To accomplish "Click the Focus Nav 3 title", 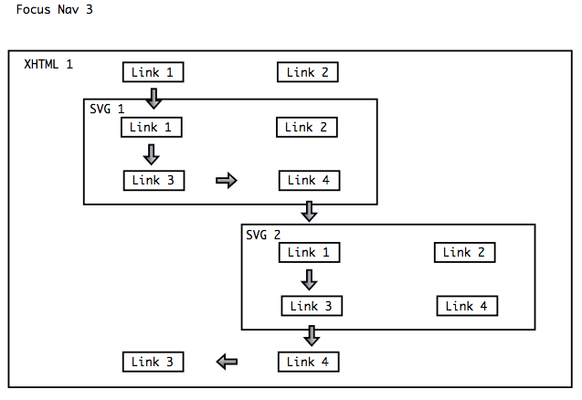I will coord(54,11).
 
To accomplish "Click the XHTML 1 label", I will coord(48,65).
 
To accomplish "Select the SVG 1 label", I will coord(107,109).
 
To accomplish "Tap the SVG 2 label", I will coord(264,235).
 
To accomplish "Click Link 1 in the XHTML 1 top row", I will coord(153,72).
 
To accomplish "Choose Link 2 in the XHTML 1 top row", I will coord(308,72).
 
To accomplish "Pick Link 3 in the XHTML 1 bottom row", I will coord(153,362).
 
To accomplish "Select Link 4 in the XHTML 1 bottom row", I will coord(308,362).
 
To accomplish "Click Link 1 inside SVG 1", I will coord(151,127).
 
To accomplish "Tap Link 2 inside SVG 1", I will coord(307,127).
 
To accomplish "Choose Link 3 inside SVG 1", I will coord(153,180).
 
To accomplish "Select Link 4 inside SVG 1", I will coord(309,180).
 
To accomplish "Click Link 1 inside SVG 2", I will coord(309,252).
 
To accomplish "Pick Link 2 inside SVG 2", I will coord(464,252).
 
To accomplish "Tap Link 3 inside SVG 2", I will coord(312,306).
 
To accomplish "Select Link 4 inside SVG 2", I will coord(467,306).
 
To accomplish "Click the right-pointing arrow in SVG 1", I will coord(226,180).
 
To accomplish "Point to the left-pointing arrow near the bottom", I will coord(228,363).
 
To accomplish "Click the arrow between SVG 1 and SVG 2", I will coord(310,212).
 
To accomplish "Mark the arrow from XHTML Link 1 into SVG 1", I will coord(153,97).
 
